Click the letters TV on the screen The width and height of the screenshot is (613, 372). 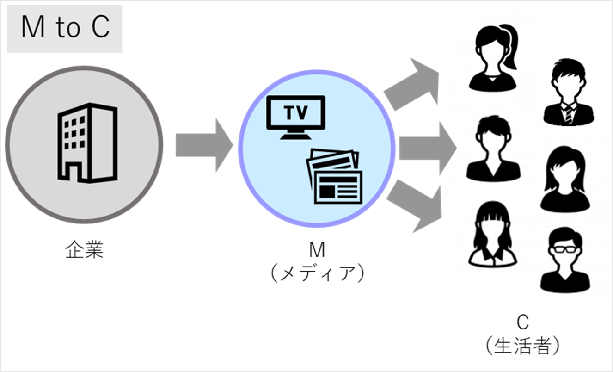[x=296, y=112]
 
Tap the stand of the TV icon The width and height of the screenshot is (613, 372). [x=296, y=135]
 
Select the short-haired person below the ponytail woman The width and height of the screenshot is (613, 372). [x=493, y=148]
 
